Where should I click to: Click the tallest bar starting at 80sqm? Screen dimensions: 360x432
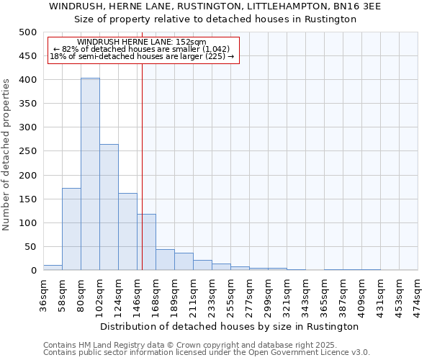tap(90, 174)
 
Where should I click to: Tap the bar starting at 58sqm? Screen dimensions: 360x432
tap(71, 229)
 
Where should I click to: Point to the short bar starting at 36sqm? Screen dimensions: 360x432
tap(53, 268)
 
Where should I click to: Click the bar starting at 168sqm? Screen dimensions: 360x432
tap(165, 260)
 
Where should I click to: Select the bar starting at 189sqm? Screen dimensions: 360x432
tap(184, 262)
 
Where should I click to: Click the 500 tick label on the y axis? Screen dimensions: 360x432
tap(27, 32)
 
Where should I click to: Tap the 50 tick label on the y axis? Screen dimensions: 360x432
tap(30, 247)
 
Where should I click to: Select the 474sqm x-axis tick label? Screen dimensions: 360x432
tap(418, 294)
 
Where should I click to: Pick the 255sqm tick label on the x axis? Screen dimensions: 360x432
tap(231, 294)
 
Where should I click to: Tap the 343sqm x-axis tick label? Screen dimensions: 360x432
tap(306, 294)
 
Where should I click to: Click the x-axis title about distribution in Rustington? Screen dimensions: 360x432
tap(230, 326)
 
